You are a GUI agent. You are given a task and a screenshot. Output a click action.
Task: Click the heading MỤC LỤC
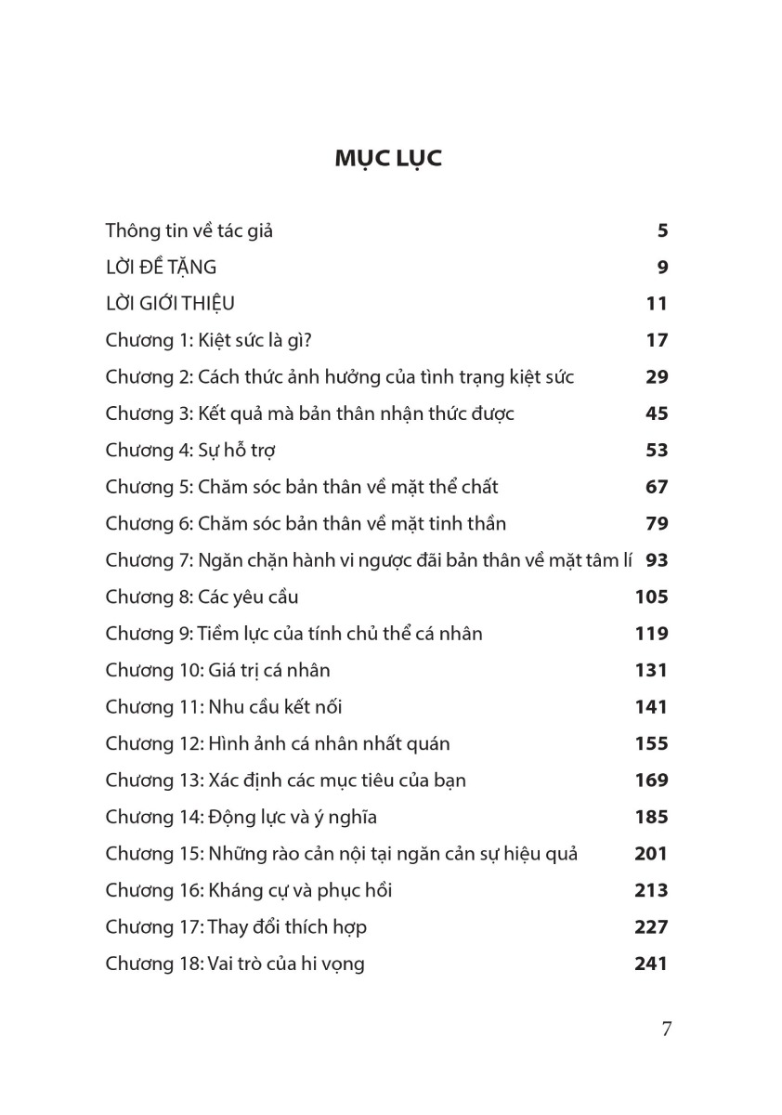tap(389, 159)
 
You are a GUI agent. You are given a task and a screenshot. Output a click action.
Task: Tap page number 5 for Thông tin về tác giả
tap(662, 231)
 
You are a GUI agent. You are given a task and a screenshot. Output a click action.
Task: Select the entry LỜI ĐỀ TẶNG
tap(161, 268)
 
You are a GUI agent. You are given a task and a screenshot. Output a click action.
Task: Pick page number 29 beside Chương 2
tap(656, 377)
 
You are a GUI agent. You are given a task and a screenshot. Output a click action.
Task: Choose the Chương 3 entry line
tap(309, 413)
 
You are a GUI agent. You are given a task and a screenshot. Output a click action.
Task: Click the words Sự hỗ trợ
tap(237, 451)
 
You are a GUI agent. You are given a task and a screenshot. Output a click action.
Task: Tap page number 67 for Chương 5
tap(656, 487)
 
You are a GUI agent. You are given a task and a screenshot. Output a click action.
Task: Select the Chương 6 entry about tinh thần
tap(306, 523)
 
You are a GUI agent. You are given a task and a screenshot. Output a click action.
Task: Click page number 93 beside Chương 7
tap(656, 560)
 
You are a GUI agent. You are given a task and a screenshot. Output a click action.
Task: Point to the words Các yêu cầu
tap(248, 597)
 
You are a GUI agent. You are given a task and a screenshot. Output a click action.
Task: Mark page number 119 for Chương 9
tap(651, 634)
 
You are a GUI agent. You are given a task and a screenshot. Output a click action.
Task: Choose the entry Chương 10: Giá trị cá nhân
tap(217, 670)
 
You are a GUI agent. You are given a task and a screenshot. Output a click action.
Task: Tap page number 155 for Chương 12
tap(651, 743)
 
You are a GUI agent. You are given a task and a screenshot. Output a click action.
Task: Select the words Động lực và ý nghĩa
tap(291, 818)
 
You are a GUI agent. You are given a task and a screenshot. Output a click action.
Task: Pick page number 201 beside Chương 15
tap(651, 854)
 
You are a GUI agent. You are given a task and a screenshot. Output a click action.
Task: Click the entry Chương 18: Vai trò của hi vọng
tap(235, 964)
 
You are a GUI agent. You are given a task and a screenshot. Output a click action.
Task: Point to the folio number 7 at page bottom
tap(666, 1029)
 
